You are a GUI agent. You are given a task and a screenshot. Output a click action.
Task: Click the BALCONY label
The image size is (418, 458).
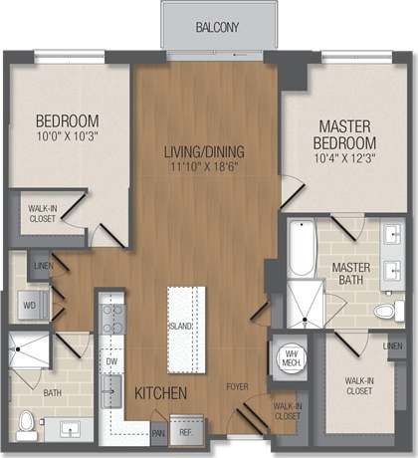tap(216, 26)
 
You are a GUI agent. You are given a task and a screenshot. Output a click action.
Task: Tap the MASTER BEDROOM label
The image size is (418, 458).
tap(344, 135)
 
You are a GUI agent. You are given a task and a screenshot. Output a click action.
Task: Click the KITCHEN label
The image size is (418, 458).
tap(160, 394)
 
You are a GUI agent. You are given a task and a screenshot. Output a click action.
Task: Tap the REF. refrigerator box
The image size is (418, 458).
tap(187, 432)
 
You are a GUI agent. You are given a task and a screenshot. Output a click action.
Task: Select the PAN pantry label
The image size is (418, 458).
tap(158, 433)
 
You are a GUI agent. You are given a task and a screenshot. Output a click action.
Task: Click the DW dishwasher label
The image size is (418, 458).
tap(111, 361)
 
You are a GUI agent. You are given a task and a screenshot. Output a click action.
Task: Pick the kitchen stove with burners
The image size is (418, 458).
tap(112, 318)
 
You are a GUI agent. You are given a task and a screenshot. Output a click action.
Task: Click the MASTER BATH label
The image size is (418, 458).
tap(351, 274)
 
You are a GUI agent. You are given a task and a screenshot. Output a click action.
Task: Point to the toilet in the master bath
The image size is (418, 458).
tap(383, 311)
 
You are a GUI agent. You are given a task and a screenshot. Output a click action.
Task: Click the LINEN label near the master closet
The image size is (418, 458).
tap(394, 345)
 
